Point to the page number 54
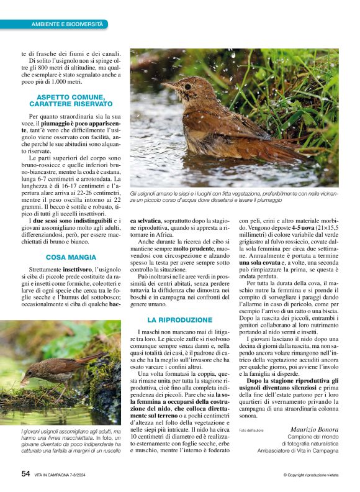pyautogui.click(x=25, y=473)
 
